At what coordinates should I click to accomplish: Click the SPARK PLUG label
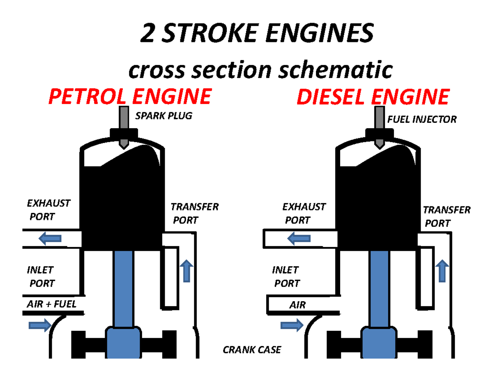(164, 116)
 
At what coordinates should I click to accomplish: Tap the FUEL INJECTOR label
(422, 120)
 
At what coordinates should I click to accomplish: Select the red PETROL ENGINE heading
(129, 97)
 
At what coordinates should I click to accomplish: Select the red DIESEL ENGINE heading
(372, 97)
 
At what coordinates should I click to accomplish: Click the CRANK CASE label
(251, 350)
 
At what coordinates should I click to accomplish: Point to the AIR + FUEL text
(52, 305)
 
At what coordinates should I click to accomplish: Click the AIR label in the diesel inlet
(297, 305)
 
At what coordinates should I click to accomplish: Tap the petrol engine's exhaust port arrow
(51, 238)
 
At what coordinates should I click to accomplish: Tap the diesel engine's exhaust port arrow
(299, 238)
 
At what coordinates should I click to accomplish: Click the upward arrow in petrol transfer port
(187, 270)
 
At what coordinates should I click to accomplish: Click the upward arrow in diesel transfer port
(442, 270)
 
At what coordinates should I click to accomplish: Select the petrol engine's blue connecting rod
(123, 288)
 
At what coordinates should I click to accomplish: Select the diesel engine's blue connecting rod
(379, 288)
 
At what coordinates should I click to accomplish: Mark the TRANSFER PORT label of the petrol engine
(194, 213)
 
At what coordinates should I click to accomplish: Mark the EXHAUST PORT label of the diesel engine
(304, 213)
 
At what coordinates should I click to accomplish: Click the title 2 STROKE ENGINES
(258, 34)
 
